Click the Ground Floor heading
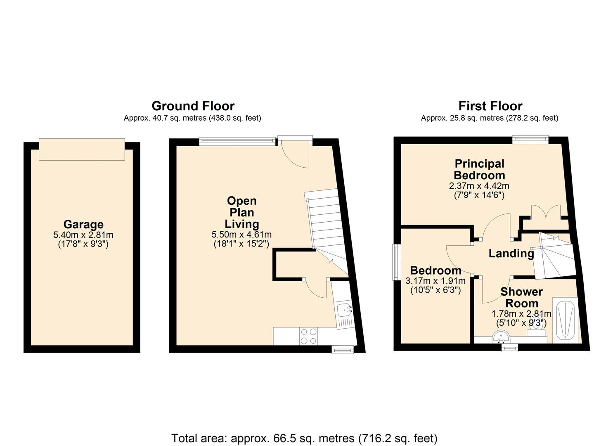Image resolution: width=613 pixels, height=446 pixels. click(193, 106)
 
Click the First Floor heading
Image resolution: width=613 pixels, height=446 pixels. click(490, 106)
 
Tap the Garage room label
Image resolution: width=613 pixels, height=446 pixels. click(83, 224)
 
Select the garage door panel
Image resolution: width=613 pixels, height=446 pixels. click(82, 149)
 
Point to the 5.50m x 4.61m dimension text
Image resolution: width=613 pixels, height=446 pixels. click(241, 235)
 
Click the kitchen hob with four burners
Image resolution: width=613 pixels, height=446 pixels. click(309, 336)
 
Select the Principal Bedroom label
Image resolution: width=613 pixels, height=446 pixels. click(479, 169)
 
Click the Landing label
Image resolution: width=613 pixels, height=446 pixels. click(511, 254)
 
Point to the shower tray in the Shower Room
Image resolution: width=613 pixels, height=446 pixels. click(566, 320)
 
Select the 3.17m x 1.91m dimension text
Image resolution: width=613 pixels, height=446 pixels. click(435, 281)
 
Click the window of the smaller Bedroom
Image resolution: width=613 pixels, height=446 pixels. click(396, 262)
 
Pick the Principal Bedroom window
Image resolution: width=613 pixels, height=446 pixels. click(530, 139)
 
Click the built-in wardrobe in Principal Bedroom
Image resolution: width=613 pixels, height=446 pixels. click(546, 218)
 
